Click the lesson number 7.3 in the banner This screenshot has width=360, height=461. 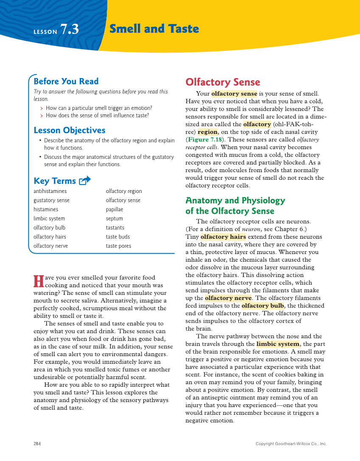tap(70, 29)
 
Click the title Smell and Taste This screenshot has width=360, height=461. tap(154, 29)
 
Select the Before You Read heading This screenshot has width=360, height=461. tap(66, 81)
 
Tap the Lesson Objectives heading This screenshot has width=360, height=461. tap(69, 130)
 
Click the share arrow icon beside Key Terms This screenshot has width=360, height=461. tap(85, 181)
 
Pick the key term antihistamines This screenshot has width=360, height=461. tap(50, 191)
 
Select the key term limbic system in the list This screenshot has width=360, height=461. tap(49, 218)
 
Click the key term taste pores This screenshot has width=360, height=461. tap(118, 246)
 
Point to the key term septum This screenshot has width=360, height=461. tap(114, 218)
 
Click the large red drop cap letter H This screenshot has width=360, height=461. tap(38, 281)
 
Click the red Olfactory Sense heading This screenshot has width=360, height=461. tap(223, 82)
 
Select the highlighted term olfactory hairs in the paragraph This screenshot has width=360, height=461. tap(223, 237)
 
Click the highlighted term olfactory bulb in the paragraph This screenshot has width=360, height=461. tap(262, 306)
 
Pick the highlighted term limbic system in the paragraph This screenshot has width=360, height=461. tap(278, 344)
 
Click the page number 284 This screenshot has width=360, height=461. tap(37, 444)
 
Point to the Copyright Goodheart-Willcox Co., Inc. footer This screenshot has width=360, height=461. tap(291, 444)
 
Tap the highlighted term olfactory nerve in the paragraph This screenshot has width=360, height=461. tap(228, 298)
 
